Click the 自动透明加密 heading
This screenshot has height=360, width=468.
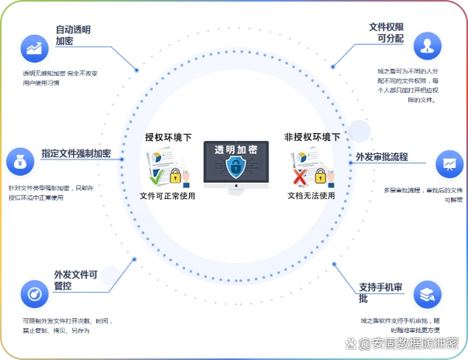coord(73,36)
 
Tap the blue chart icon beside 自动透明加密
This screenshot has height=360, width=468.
coord(35,48)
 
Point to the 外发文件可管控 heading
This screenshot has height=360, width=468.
coord(75,280)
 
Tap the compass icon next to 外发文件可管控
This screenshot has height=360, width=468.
coord(35,294)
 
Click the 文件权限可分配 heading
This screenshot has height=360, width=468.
coord(387,33)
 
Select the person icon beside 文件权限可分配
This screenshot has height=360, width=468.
coord(427,45)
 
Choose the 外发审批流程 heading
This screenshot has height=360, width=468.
coord(382,157)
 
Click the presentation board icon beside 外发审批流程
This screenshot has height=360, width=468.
coord(449,163)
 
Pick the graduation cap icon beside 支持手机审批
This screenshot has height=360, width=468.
coord(427,294)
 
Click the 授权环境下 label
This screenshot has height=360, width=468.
coord(168,137)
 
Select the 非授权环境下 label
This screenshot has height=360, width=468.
coord(311,137)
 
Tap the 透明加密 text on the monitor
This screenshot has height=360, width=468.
coord(236,149)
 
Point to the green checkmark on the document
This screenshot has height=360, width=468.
coord(156,178)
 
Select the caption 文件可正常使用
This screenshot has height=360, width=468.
coord(167,196)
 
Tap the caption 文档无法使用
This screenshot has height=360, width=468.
coord(311,196)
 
